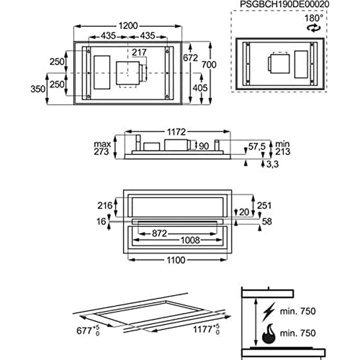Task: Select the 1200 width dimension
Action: pyautogui.click(x=128, y=26)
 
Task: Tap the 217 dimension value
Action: pyautogui.click(x=139, y=52)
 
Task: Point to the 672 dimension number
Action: pyautogui.click(x=191, y=58)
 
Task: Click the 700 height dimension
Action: pyautogui.click(x=209, y=65)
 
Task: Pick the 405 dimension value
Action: pyautogui.click(x=200, y=88)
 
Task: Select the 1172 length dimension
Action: pyautogui.click(x=176, y=132)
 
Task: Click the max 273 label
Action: pyautogui.click(x=102, y=148)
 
